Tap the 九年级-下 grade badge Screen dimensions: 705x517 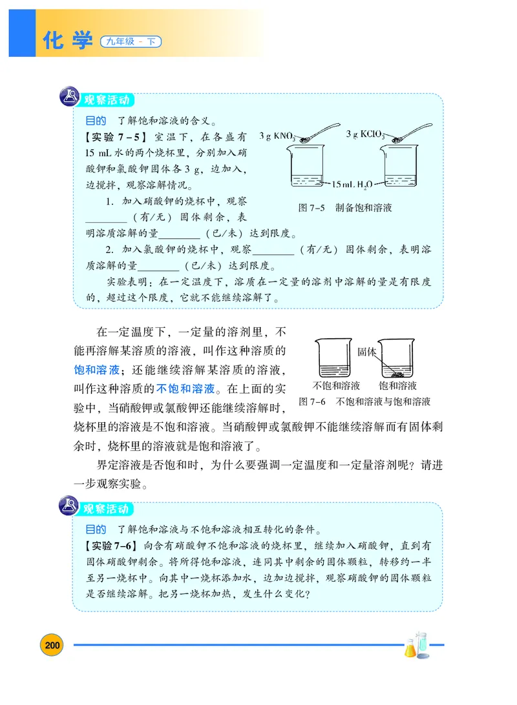point(131,43)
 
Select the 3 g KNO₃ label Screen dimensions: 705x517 point(277,137)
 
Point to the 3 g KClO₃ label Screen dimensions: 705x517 point(364,134)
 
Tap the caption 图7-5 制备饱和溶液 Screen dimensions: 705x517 point(345,208)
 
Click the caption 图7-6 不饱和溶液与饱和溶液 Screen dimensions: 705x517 point(365,401)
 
